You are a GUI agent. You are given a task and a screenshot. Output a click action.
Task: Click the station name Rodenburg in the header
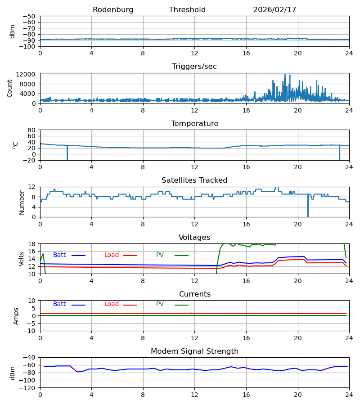pyautogui.click(x=113, y=10)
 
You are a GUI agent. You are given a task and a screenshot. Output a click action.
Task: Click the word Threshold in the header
pyautogui.click(x=187, y=10)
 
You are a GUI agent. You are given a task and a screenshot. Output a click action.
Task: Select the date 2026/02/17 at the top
pyautogui.click(x=274, y=10)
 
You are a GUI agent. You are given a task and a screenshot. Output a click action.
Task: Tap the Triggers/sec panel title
pyautogui.click(x=194, y=67)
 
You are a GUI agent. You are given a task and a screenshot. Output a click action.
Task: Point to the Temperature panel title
pyautogui.click(x=194, y=124)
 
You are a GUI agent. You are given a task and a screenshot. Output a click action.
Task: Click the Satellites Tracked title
pyautogui.click(x=194, y=180)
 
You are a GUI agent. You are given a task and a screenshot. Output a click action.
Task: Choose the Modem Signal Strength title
pyautogui.click(x=194, y=351)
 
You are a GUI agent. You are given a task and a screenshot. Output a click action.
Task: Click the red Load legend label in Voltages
pyautogui.click(x=112, y=255)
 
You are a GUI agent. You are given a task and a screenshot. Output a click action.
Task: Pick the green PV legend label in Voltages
pyautogui.click(x=160, y=255)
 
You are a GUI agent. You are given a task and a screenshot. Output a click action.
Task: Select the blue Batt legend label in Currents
pyautogui.click(x=59, y=304)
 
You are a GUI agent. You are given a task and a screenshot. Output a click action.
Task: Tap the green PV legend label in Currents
pyautogui.click(x=160, y=304)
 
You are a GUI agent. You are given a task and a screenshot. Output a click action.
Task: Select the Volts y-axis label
pyautogui.click(x=22, y=259)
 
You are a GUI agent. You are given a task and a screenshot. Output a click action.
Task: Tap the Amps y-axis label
pyautogui.click(x=16, y=316)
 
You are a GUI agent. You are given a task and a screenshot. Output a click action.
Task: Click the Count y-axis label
pyautogui.click(x=10, y=88)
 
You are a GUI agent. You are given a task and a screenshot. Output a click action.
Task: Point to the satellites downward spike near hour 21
pyautogui.click(x=308, y=211)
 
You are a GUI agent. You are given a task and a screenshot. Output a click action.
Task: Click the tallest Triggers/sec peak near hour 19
pyautogui.click(x=285, y=75)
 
